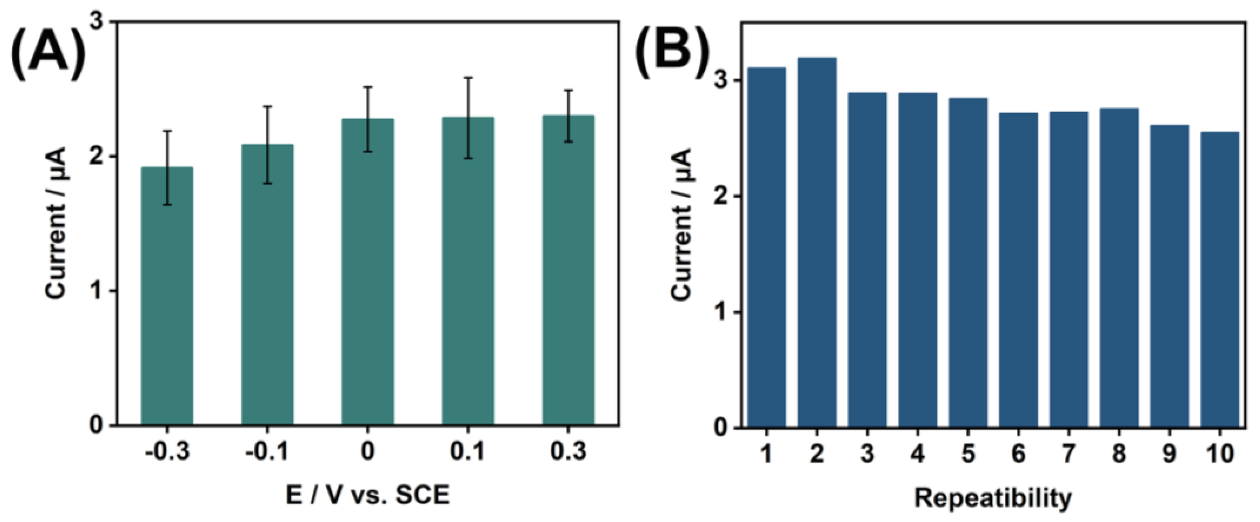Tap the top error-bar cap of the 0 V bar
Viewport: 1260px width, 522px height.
(367, 87)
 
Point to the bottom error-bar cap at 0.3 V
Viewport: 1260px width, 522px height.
(568, 142)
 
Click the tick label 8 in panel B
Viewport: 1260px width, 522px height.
(1119, 454)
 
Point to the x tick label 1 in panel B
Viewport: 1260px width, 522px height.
(766, 454)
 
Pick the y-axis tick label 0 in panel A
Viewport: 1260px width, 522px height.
(97, 425)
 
